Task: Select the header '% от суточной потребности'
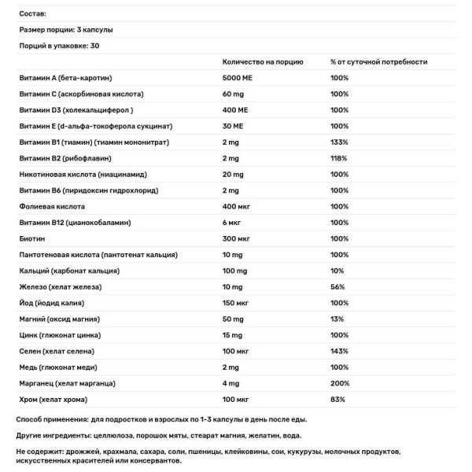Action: point(378,61)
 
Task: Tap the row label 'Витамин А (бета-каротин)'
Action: point(65,78)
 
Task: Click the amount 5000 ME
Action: point(237,78)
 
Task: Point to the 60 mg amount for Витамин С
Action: point(234,94)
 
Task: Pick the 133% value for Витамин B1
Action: point(339,142)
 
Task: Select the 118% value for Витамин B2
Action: point(339,158)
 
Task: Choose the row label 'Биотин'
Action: point(32,238)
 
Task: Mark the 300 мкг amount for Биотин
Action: point(236,238)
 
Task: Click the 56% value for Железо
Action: point(337,286)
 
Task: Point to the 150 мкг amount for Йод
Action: point(236,303)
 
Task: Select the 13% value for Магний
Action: point(337,319)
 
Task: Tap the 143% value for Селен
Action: point(339,351)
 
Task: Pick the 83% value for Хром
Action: point(337,399)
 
